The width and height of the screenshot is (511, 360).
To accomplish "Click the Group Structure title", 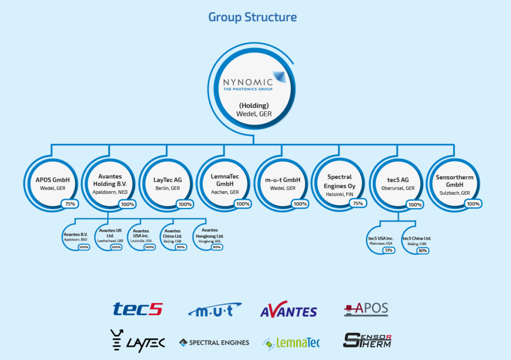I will [x=253, y=17].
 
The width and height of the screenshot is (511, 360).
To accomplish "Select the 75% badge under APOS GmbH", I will [x=68, y=203].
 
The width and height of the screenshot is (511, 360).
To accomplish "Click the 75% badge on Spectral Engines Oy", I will [x=357, y=203].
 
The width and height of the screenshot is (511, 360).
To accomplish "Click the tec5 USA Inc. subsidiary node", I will [x=381, y=240].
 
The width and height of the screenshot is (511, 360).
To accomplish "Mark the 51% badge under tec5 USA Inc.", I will [x=389, y=250].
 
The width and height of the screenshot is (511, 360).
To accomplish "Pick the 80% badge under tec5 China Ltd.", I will [x=422, y=250].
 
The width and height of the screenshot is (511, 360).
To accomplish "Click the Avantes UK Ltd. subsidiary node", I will [x=110, y=236].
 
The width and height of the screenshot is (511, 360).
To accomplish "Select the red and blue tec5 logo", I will [x=137, y=310].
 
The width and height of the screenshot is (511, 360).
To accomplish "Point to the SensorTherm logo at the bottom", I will [x=367, y=340].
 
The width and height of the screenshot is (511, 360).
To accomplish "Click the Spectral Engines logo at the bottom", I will [x=214, y=343].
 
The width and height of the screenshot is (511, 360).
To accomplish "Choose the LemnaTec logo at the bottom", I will [x=291, y=343].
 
